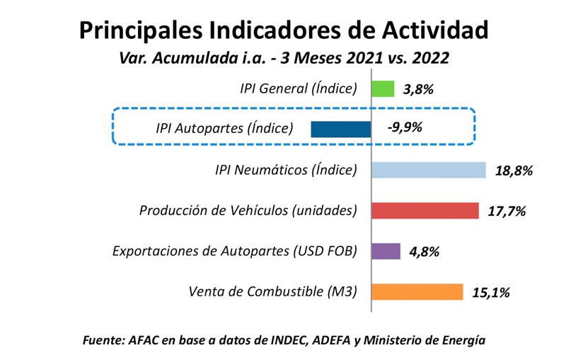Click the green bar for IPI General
(383, 88)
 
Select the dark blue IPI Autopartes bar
(340, 129)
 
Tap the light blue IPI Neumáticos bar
(428, 170)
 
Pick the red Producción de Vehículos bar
(425, 211)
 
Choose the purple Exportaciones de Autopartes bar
(386, 251)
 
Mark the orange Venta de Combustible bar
(417, 292)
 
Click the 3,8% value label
(418, 89)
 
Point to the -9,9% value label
(405, 129)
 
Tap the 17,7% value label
(507, 211)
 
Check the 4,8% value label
(424, 252)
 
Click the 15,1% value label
(491, 292)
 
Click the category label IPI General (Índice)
(299, 88)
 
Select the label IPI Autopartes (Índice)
(224, 129)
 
